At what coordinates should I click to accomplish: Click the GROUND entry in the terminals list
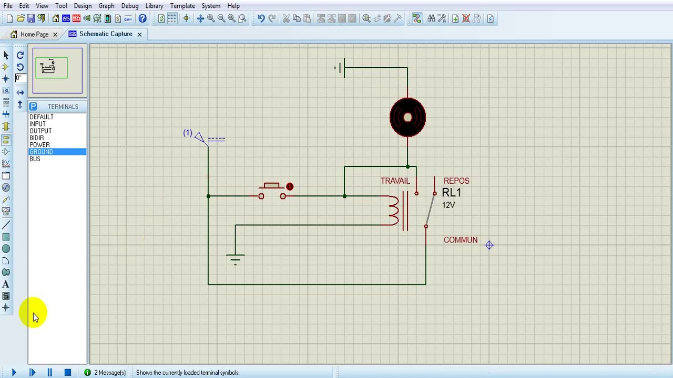tap(41, 152)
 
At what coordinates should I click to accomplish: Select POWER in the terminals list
tap(39, 145)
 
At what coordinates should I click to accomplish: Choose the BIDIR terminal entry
tap(37, 138)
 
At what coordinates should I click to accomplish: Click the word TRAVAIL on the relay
tap(395, 181)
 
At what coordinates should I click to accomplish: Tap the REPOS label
tap(456, 181)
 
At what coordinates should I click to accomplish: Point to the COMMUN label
tap(461, 240)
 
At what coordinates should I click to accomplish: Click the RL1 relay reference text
tap(451, 193)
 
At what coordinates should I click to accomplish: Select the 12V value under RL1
tap(448, 205)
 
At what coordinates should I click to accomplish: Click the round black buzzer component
tap(407, 117)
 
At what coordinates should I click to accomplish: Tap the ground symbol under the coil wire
tap(235, 259)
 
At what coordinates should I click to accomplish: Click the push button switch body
tap(272, 191)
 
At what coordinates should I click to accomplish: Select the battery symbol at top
tap(340, 68)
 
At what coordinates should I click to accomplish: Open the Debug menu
tap(130, 6)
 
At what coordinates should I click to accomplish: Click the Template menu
tap(182, 6)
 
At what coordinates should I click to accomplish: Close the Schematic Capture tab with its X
tap(139, 35)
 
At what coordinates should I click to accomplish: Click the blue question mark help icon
tap(142, 18)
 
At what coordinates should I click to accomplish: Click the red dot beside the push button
tap(290, 186)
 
